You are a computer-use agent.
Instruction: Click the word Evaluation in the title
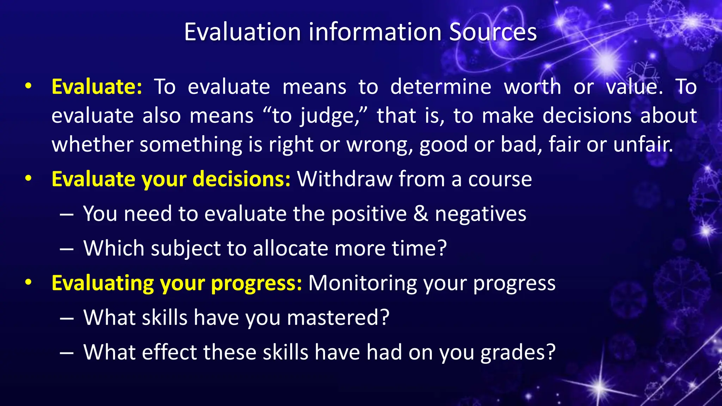(x=242, y=32)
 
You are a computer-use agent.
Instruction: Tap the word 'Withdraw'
(x=344, y=179)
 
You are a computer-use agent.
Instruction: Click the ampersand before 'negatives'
(x=421, y=214)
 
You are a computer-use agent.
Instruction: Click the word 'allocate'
(x=290, y=248)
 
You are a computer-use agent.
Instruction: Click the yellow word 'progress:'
(x=256, y=283)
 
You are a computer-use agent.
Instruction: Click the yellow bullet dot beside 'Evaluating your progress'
(x=29, y=282)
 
